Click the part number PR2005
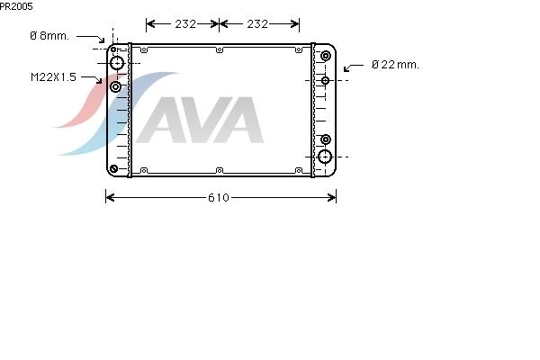(x=16, y=6)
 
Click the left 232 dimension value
(x=185, y=23)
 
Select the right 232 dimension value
(x=257, y=23)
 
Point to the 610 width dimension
(x=219, y=197)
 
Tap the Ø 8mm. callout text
(x=49, y=35)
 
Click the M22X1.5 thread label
(x=53, y=76)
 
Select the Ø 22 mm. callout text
(x=395, y=65)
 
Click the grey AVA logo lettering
(x=201, y=120)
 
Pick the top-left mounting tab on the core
(x=144, y=50)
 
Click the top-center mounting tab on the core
(x=220, y=50)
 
